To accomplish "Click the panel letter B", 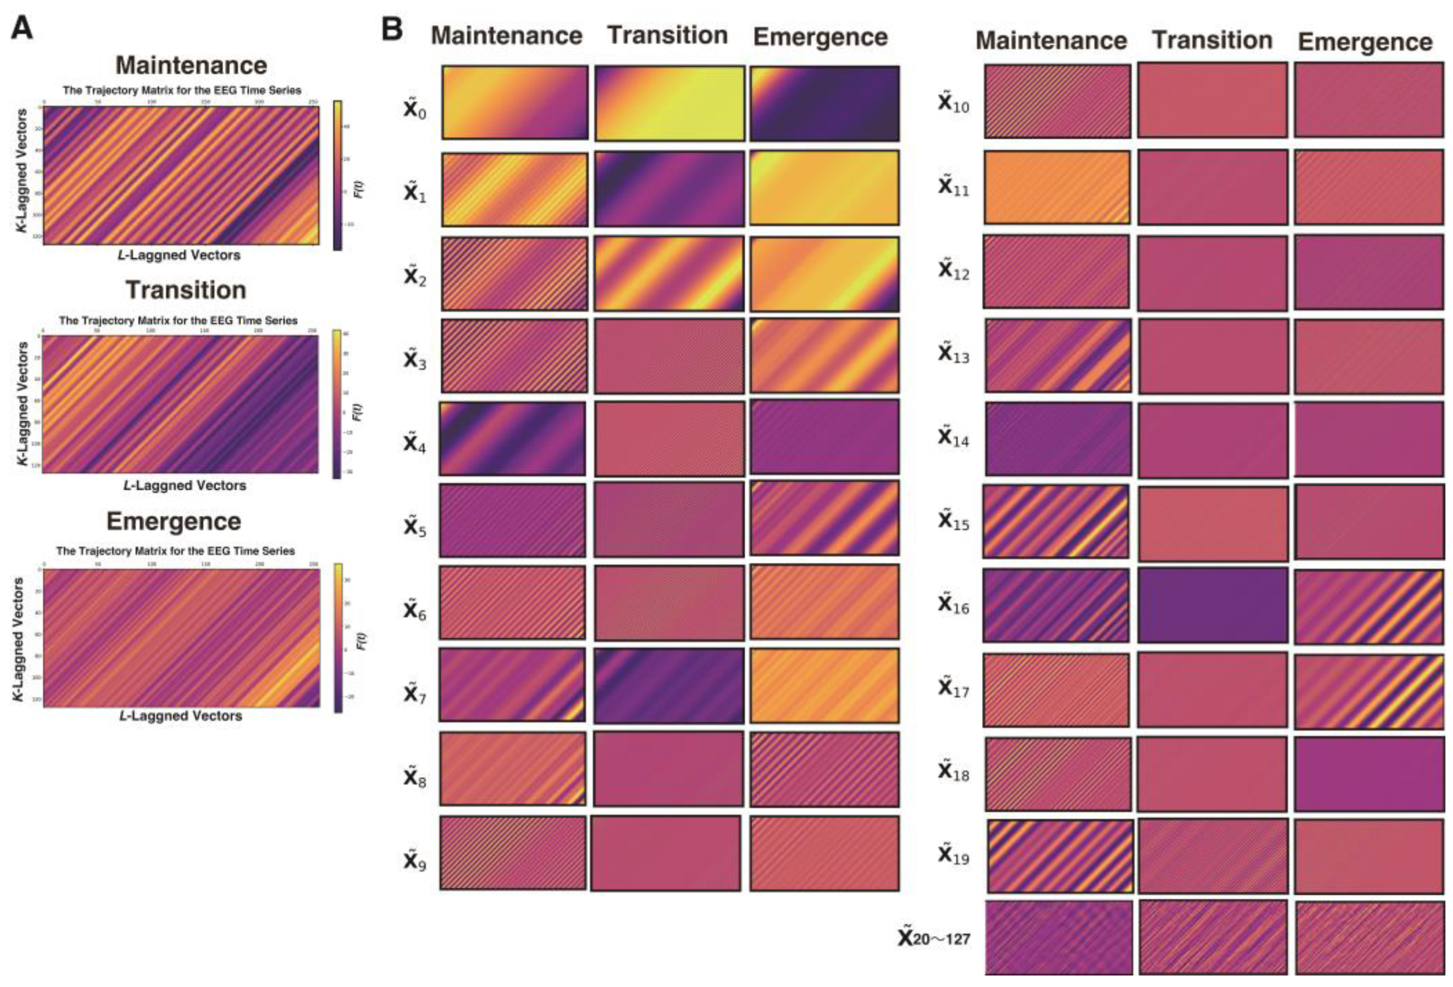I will (x=392, y=29).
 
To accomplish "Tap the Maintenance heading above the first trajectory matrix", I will (x=191, y=65).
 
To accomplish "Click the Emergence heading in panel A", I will (x=173, y=521).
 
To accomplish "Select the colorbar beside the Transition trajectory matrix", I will (x=337, y=404).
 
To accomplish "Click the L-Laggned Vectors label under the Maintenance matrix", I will (x=179, y=255).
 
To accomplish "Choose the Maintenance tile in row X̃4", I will (x=512, y=438).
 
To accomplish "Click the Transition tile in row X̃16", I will (x=1212, y=604).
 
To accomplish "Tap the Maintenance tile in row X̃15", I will (x=1056, y=521).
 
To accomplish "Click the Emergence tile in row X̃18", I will (x=1369, y=774).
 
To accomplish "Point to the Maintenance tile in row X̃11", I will (x=1057, y=187).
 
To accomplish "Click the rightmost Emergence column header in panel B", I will (x=1365, y=42).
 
